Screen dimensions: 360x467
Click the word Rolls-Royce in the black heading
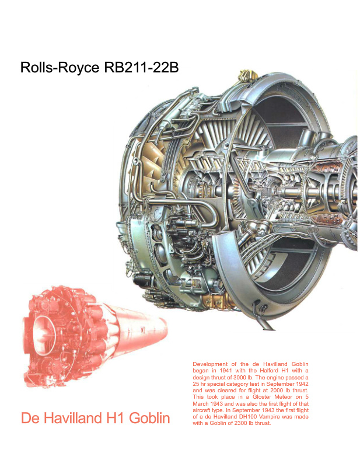(60, 67)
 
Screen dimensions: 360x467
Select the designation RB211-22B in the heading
(141, 67)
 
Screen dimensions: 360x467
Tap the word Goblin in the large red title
(149, 417)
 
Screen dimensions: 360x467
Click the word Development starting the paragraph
(210, 364)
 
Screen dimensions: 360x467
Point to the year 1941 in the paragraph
(226, 371)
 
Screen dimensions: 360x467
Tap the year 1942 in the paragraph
(302, 384)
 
